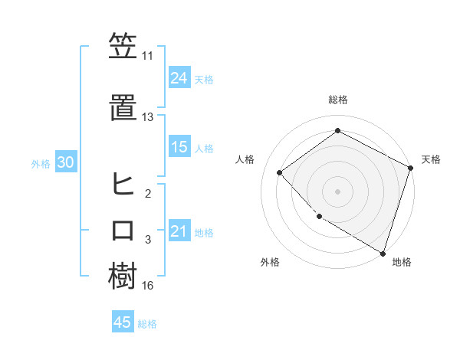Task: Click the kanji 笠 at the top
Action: [123, 47]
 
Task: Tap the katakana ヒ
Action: [123, 185]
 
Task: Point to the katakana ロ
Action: [123, 231]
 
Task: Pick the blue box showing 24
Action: [179, 78]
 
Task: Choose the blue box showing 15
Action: [179, 147]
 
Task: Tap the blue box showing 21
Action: [179, 231]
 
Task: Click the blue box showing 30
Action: [65, 162]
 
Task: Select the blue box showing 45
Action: [123, 322]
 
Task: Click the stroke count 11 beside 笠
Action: [147, 56]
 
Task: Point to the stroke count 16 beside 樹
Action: [147, 286]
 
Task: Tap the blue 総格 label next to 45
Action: [147, 324]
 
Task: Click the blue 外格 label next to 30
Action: [41, 163]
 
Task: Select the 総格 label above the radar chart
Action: [337, 100]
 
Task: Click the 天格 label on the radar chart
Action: [431, 159]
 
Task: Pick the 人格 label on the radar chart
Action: [245, 159]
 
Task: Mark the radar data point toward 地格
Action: [382, 252]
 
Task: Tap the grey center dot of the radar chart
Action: [337, 191]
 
